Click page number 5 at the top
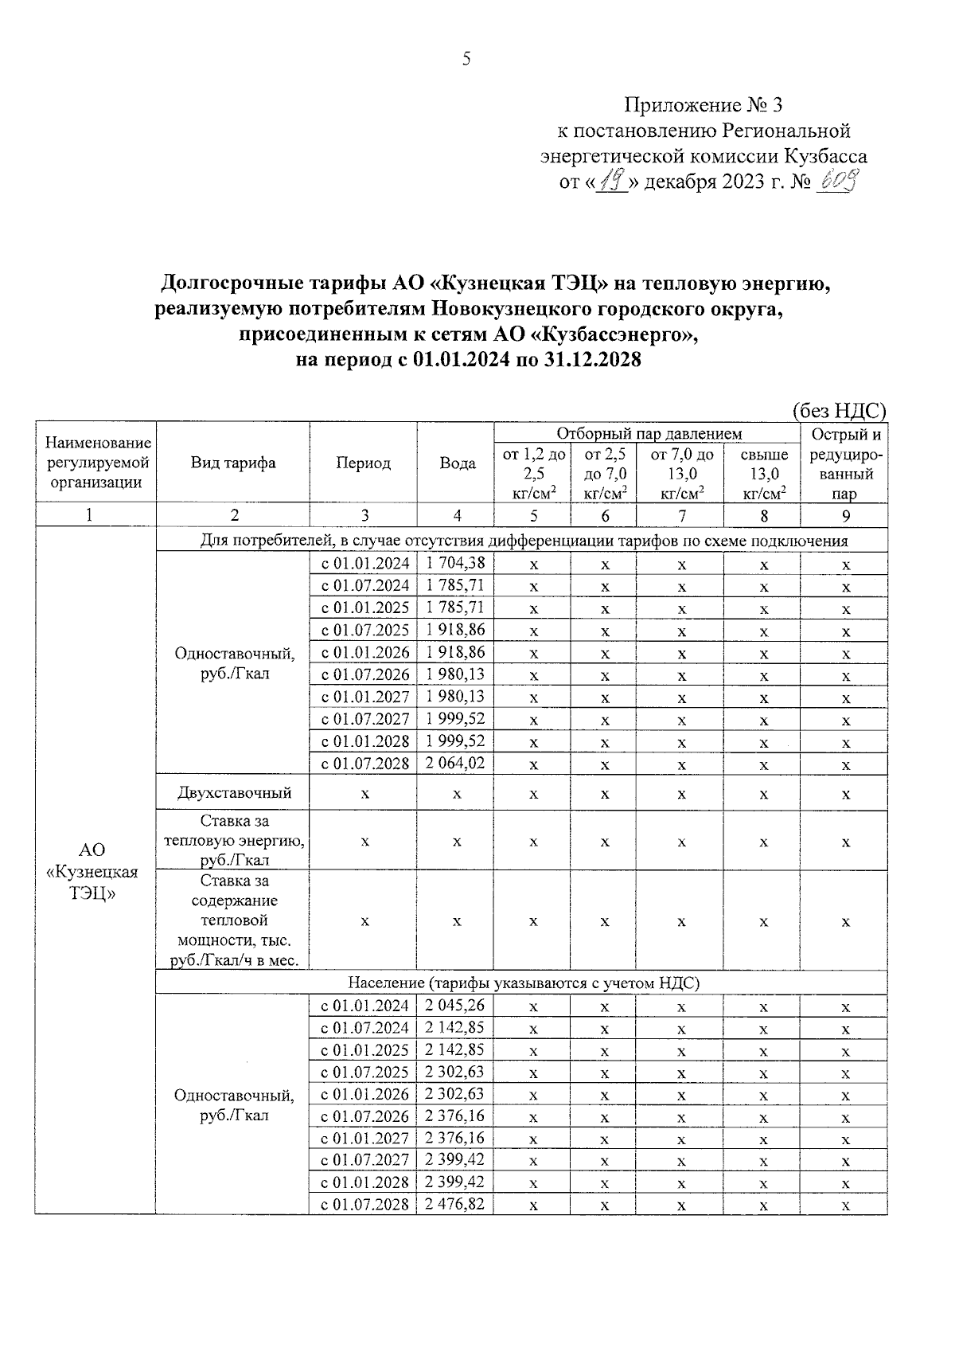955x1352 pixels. point(466,59)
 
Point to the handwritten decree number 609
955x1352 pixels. point(838,183)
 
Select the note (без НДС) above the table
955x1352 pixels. point(839,410)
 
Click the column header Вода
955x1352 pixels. point(458,463)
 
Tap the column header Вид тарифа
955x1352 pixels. point(232,463)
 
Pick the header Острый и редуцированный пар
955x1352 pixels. point(845,463)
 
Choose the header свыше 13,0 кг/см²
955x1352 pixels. point(763,475)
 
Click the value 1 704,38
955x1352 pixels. point(455,564)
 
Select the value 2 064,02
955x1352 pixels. point(455,763)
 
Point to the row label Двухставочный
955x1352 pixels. point(234,793)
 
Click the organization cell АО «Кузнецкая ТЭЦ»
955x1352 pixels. point(92,872)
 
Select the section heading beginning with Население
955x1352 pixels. point(523,983)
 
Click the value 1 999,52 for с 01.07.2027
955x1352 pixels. point(455,718)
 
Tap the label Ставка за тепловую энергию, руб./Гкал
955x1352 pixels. point(234,840)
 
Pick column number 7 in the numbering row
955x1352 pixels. point(681,515)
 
